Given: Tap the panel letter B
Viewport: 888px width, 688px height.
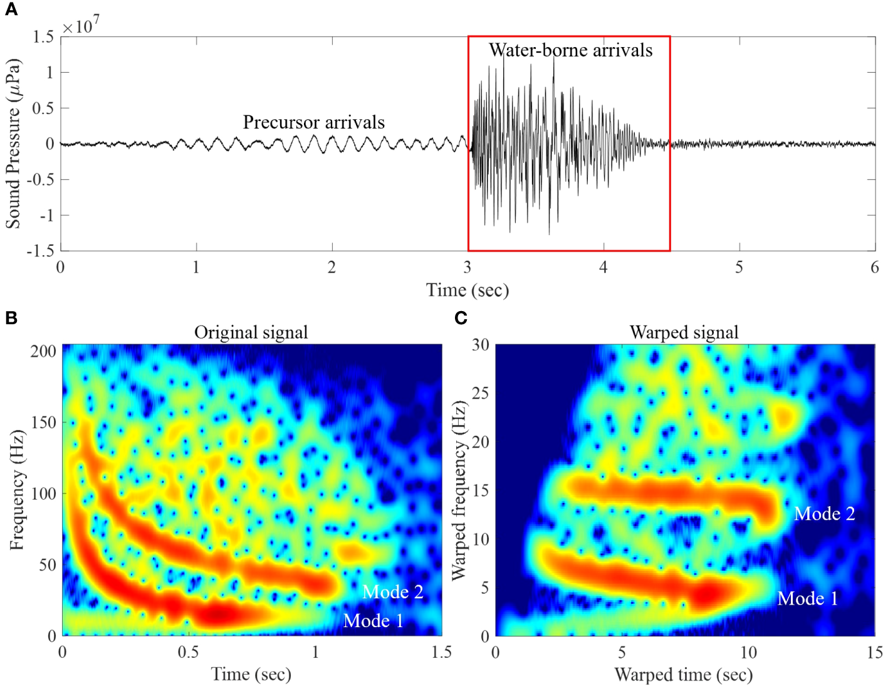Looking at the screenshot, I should click(11, 317).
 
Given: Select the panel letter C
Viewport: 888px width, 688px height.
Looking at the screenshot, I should click(461, 318).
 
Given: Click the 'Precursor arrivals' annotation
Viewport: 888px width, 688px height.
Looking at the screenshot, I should click(313, 122).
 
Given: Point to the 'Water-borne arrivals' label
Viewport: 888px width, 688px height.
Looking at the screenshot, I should click(570, 50).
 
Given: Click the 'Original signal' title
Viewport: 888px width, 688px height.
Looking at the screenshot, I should click(251, 332).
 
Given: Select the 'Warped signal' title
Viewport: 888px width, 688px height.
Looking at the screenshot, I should click(684, 332).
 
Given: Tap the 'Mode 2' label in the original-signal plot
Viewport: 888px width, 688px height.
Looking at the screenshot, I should click(392, 592).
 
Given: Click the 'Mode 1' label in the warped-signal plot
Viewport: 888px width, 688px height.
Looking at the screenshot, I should click(807, 598).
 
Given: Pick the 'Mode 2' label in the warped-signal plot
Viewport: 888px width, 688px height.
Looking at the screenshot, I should click(824, 514).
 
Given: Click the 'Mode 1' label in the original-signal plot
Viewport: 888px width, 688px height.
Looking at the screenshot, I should click(373, 621).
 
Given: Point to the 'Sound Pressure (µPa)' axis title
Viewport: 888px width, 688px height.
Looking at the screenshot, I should click(14, 144).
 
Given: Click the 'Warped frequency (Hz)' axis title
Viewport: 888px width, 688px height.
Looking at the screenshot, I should click(459, 489).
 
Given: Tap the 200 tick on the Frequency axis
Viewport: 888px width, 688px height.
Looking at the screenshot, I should click(43, 351).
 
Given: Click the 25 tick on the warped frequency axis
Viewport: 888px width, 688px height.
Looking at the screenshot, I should click(480, 393).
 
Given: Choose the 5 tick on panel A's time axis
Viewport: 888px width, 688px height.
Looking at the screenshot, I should click(739, 268).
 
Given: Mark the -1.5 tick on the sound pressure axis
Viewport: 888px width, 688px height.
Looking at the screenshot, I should click(39, 251).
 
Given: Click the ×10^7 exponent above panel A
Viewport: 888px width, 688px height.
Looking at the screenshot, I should click(81, 26).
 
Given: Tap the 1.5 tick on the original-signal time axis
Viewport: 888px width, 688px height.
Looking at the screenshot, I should click(441, 652).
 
